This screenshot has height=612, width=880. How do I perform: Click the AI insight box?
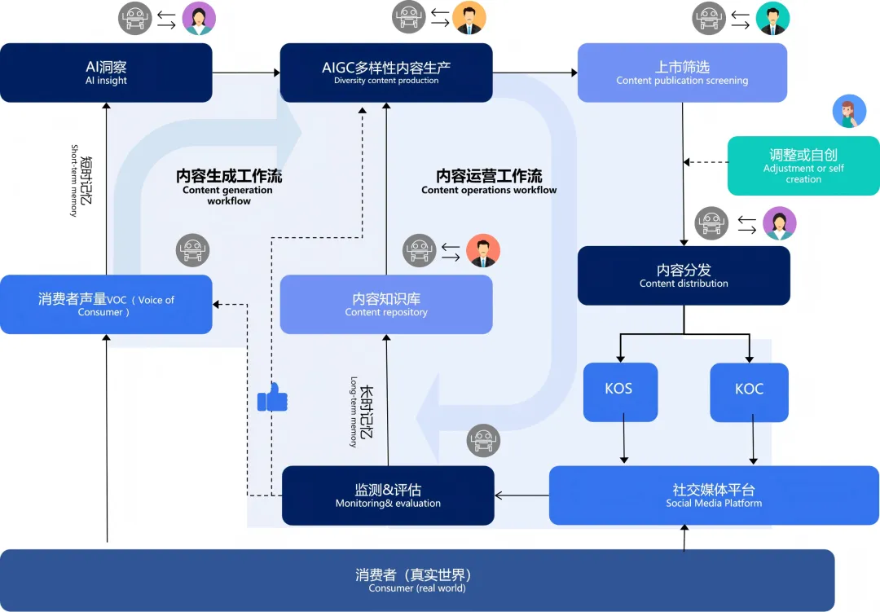(x=106, y=73)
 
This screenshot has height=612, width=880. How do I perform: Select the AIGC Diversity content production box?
(x=386, y=73)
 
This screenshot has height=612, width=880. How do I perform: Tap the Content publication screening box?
(x=682, y=73)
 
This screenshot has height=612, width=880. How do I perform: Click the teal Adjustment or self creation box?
(x=803, y=165)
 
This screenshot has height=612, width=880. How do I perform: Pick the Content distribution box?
(x=684, y=275)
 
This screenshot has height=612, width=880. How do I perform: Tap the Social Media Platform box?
(x=714, y=495)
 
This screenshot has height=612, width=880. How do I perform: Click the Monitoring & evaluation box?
(x=388, y=495)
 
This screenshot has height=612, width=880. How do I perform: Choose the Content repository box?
(x=386, y=304)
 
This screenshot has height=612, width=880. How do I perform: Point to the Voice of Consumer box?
(x=106, y=305)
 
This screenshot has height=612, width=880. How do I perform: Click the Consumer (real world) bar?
(x=417, y=580)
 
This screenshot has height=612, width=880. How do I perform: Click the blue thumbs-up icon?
(x=272, y=398)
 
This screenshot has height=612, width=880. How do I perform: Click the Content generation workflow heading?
(x=228, y=186)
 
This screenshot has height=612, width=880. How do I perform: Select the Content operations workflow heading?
(x=489, y=181)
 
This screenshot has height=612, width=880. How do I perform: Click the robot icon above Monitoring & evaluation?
(x=483, y=440)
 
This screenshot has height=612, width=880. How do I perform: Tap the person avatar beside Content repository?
(x=483, y=251)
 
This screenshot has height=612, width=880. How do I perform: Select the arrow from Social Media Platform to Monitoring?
(x=521, y=495)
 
